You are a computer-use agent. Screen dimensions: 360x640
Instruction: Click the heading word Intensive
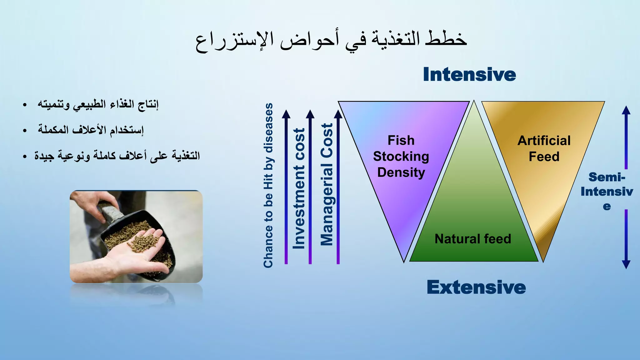click(x=469, y=75)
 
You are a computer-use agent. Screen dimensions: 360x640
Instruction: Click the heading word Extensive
click(x=476, y=287)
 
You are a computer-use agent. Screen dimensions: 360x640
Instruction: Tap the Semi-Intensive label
click(x=607, y=191)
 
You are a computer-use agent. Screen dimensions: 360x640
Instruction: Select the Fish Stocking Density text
click(x=401, y=156)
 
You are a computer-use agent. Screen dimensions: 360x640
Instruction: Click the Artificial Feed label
click(x=544, y=148)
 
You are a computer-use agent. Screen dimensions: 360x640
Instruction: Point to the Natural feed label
click(x=473, y=239)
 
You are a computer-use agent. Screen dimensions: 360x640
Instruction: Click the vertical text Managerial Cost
click(x=327, y=184)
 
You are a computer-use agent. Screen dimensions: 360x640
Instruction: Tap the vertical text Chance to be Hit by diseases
click(x=268, y=185)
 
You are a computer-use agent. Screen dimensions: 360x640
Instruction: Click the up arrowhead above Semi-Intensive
click(x=626, y=110)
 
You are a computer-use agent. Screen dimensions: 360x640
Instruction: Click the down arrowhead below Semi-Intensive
click(x=626, y=264)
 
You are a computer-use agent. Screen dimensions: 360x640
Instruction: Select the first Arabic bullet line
click(x=98, y=104)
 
